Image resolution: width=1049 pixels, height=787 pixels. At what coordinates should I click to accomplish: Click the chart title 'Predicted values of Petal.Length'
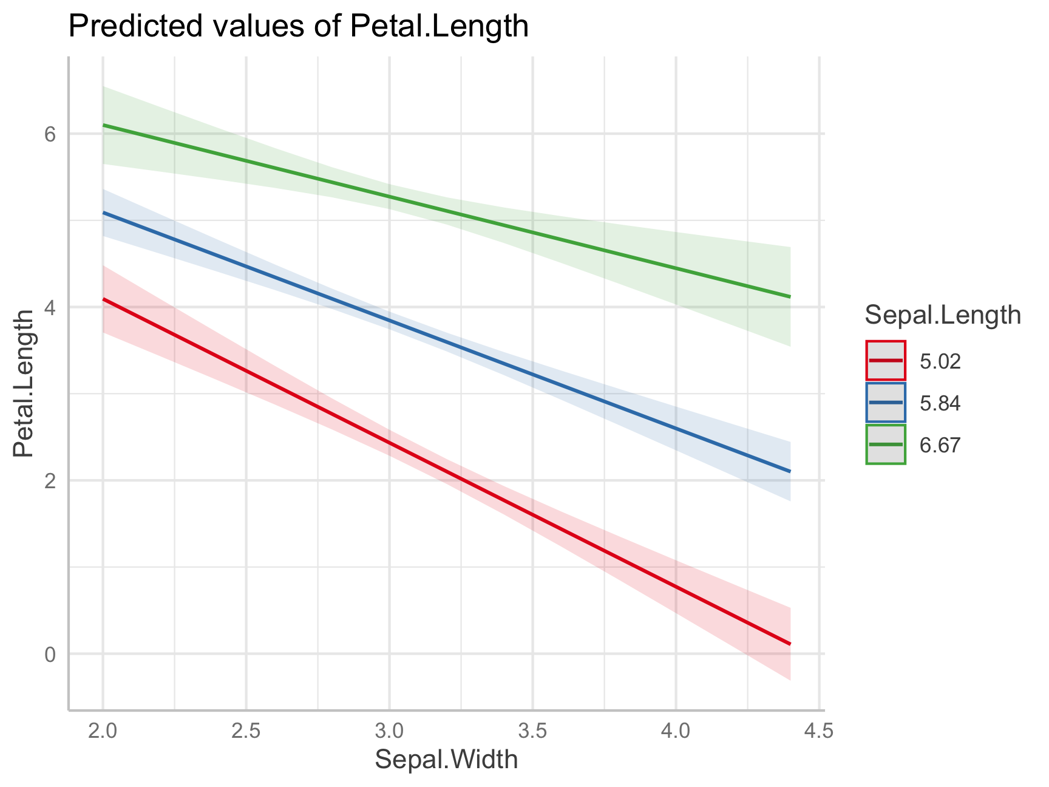pyautogui.click(x=298, y=27)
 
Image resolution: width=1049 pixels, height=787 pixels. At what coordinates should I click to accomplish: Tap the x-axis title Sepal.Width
pyautogui.click(x=446, y=760)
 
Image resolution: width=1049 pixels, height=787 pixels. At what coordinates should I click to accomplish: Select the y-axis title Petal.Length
pyautogui.click(x=24, y=383)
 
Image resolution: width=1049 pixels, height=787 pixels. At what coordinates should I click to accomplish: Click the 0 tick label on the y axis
pyautogui.click(x=50, y=655)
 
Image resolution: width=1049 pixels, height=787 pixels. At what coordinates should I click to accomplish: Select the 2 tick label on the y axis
pyautogui.click(x=50, y=481)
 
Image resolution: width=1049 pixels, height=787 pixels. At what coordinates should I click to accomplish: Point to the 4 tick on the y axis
pyautogui.click(x=50, y=307)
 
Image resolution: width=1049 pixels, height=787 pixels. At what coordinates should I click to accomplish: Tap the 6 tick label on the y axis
pyautogui.click(x=50, y=134)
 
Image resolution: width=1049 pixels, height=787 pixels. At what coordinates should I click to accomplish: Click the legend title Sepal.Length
pyautogui.click(x=943, y=315)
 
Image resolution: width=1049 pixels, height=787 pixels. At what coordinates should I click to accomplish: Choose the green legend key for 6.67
pyautogui.click(x=886, y=444)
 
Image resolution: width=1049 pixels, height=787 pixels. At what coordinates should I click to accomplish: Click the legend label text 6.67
pyautogui.click(x=940, y=445)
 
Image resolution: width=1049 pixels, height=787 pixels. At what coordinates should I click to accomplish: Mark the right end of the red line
pyautogui.click(x=790, y=644)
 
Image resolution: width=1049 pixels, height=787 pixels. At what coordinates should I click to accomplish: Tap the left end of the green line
pyautogui.click(x=103, y=125)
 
